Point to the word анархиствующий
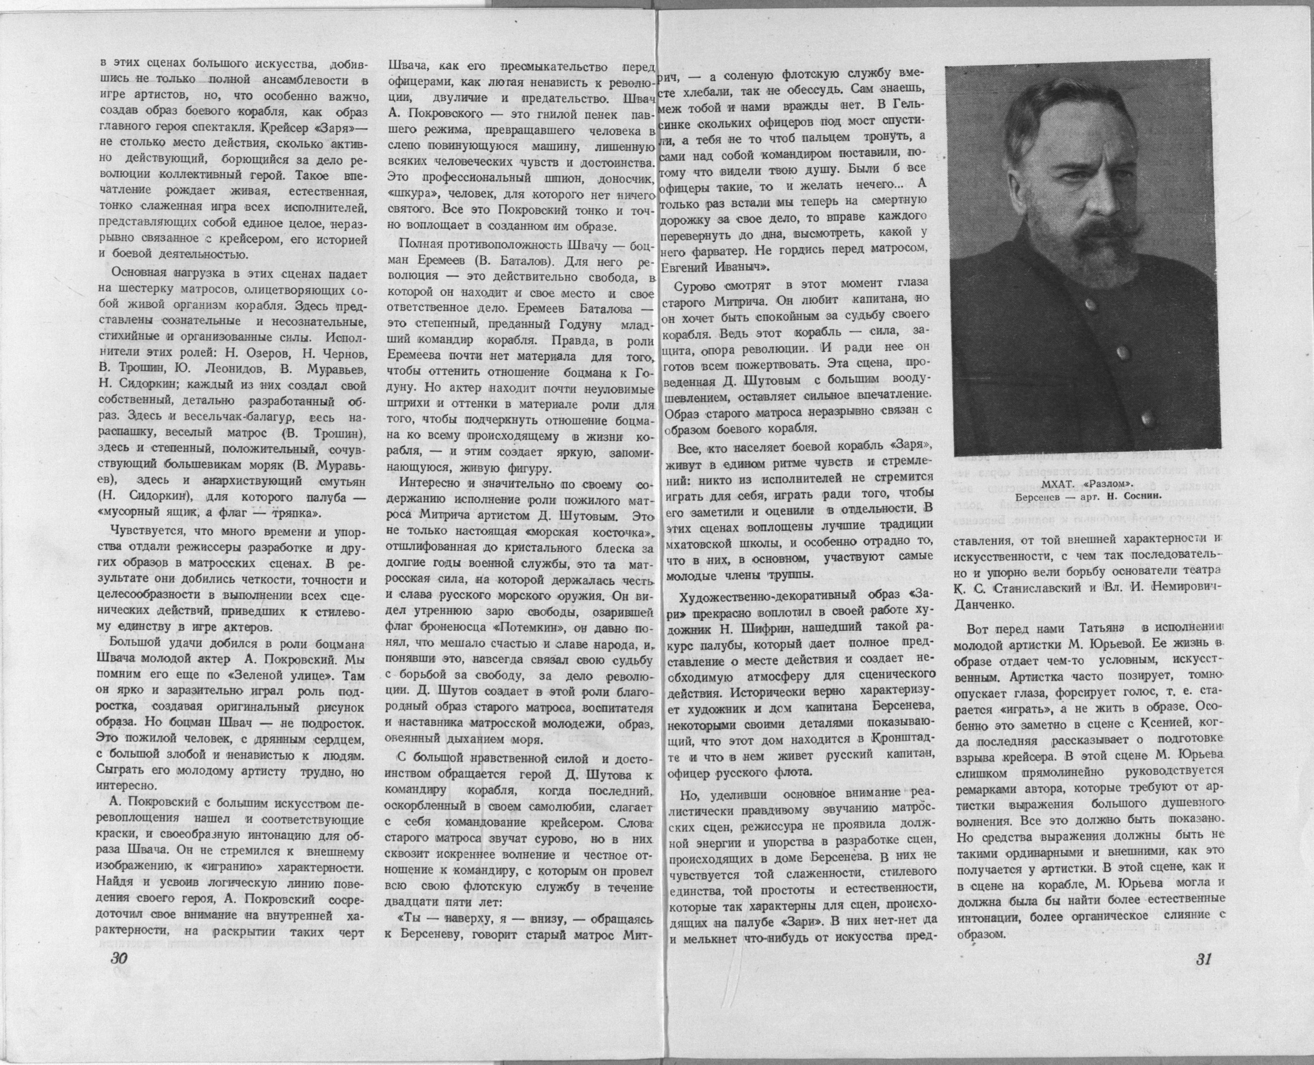click(245, 480)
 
